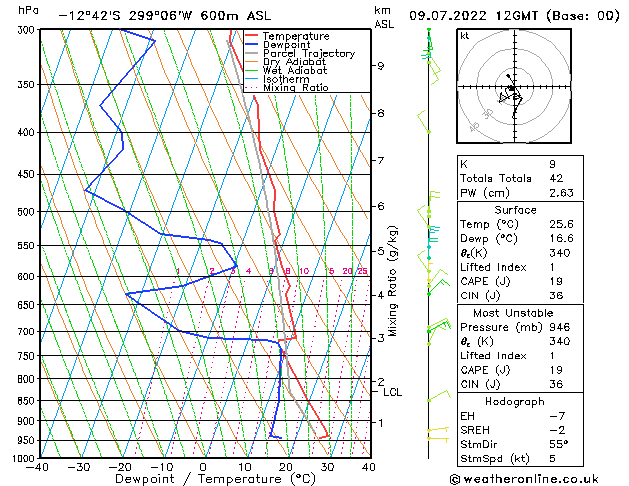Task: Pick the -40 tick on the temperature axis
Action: [x=38, y=467]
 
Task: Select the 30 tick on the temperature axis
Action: [x=327, y=467]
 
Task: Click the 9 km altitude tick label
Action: [x=381, y=66]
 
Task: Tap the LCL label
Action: [x=392, y=393]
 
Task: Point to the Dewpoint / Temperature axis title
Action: [x=203, y=479]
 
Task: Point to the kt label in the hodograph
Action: [x=464, y=36]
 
